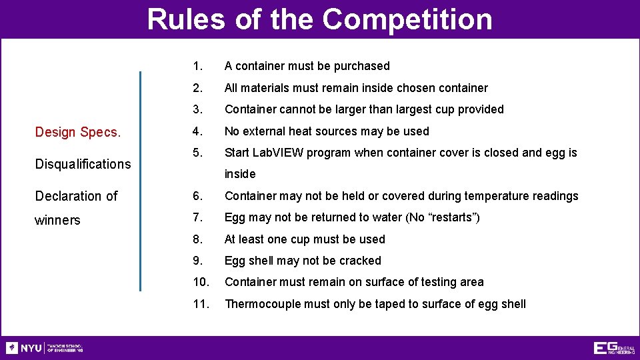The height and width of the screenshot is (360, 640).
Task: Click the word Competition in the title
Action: click(407, 19)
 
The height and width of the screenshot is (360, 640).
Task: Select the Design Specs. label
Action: click(78, 132)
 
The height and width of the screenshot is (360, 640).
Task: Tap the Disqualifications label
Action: click(83, 164)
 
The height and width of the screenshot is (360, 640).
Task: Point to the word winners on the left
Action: click(57, 220)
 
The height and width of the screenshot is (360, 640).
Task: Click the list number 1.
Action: click(197, 66)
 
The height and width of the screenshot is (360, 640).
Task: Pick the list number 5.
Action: click(197, 153)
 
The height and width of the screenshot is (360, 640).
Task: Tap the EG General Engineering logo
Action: click(613, 348)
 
